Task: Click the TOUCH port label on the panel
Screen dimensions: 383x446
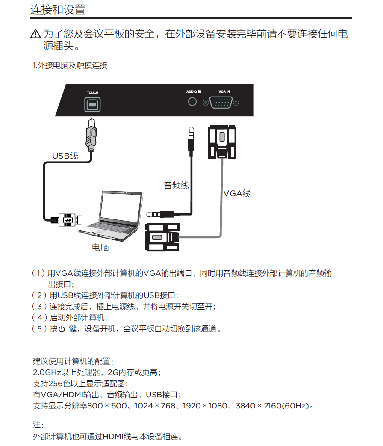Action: (x=92, y=92)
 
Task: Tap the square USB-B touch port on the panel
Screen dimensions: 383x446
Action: (x=92, y=104)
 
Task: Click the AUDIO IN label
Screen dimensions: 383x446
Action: (x=194, y=92)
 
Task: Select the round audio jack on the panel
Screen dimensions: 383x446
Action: (x=192, y=101)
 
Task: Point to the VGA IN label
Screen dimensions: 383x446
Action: (x=224, y=92)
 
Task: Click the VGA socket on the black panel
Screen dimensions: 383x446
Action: (x=221, y=102)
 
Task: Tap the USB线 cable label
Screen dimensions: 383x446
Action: (x=65, y=156)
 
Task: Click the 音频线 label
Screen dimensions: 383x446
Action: (x=176, y=185)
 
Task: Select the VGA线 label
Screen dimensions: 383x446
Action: (x=237, y=193)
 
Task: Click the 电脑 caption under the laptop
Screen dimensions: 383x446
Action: (x=100, y=247)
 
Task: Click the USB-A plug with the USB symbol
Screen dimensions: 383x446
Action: (x=68, y=220)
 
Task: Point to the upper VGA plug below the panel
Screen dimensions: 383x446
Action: (x=222, y=142)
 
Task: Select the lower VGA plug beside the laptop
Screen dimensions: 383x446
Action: (x=162, y=237)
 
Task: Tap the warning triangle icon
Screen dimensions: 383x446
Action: (x=35, y=34)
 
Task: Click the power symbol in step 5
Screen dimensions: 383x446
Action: (x=62, y=329)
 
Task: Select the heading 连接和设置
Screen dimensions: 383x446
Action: (x=58, y=9)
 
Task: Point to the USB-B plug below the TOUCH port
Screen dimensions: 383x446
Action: (x=91, y=136)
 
